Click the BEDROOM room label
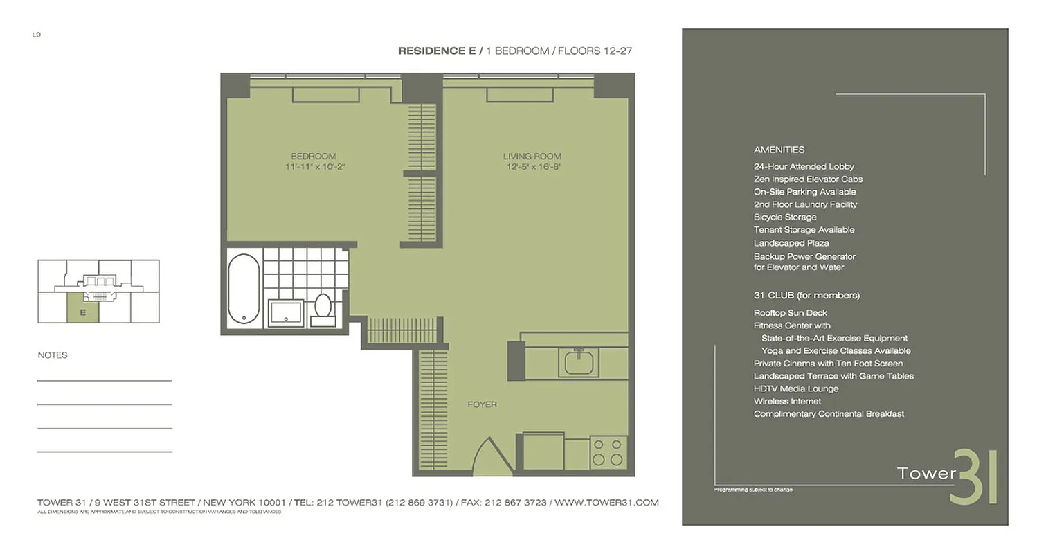pyautogui.click(x=313, y=156)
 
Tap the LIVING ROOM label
pyautogui.click(x=532, y=157)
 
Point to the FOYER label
pyautogui.click(x=482, y=404)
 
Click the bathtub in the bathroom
pyautogui.click(x=244, y=289)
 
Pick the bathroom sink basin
pyautogui.click(x=286, y=312)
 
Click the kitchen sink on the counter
pyautogui.click(x=581, y=362)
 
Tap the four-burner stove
pyautogui.click(x=608, y=452)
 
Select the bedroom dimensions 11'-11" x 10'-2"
pyautogui.click(x=314, y=167)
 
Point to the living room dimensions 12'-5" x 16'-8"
pyautogui.click(x=532, y=167)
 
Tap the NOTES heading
pyautogui.click(x=53, y=355)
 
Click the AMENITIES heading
pyautogui.click(x=779, y=150)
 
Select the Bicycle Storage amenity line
pyautogui.click(x=785, y=217)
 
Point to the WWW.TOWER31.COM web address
pyautogui.click(x=607, y=503)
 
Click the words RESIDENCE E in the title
pyautogui.click(x=437, y=51)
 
